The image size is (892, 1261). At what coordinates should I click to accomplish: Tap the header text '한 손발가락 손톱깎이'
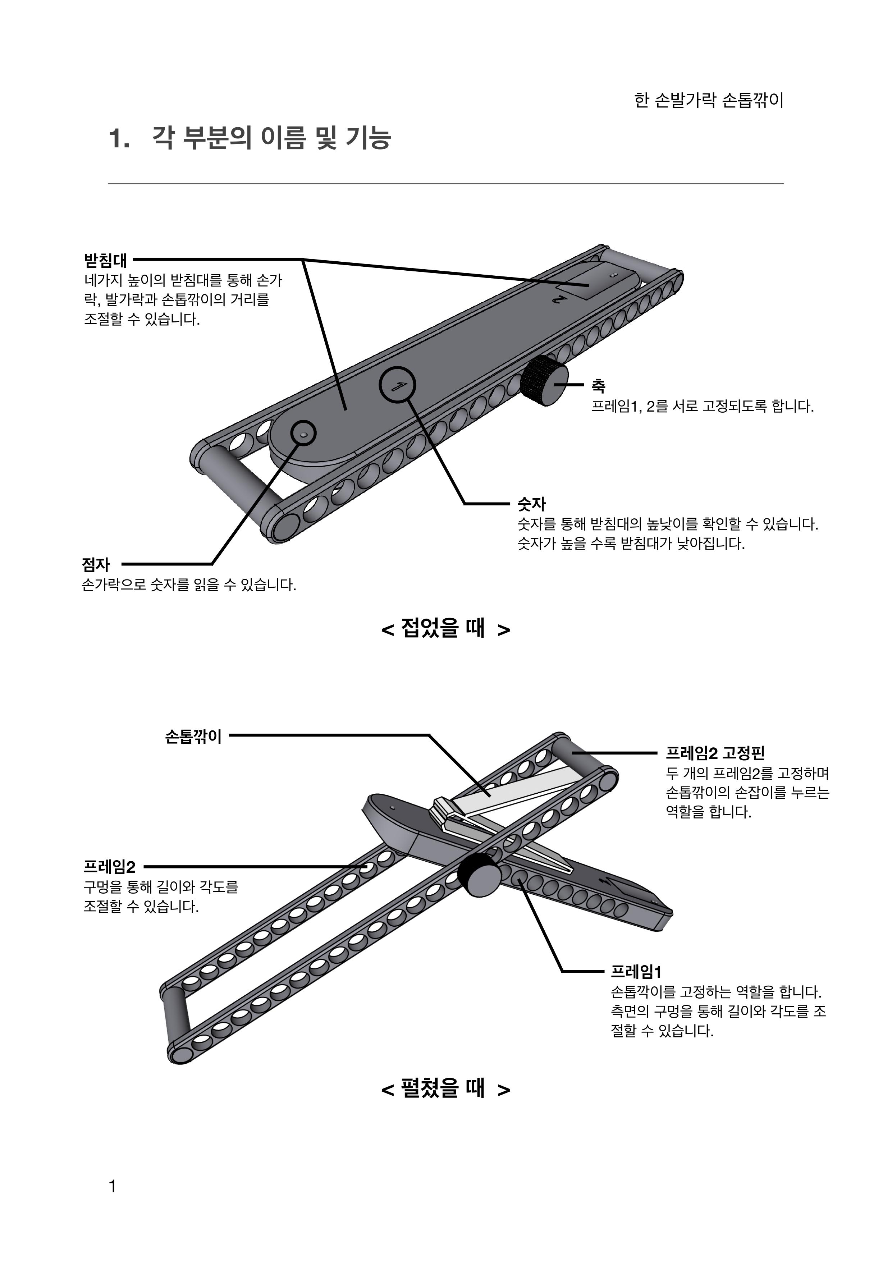pyautogui.click(x=709, y=101)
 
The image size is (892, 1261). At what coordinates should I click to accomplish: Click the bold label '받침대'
pyautogui.click(x=105, y=260)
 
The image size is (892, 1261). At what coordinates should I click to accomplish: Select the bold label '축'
pyautogui.click(x=598, y=386)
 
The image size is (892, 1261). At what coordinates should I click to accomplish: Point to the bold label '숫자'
pyautogui.click(x=532, y=503)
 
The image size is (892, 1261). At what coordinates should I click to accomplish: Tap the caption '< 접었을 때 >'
pyautogui.click(x=445, y=628)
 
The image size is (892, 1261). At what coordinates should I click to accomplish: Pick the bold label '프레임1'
pyautogui.click(x=636, y=972)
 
